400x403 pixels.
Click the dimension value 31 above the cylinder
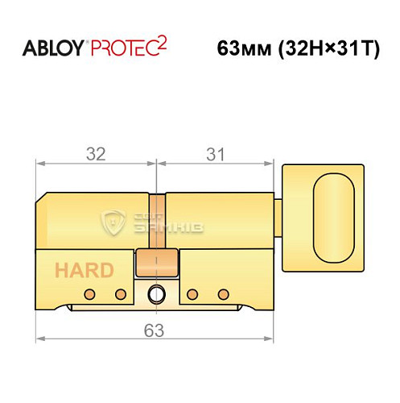pos(214,154)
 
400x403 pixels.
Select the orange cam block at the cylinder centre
pos(157,261)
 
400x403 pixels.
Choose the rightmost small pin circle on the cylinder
pos(227,293)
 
